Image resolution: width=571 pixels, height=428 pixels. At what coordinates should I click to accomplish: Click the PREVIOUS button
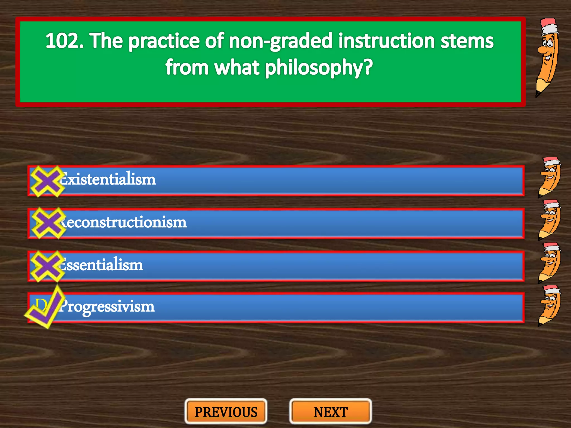click(x=226, y=412)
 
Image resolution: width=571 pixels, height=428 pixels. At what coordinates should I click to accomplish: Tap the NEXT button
click(x=331, y=412)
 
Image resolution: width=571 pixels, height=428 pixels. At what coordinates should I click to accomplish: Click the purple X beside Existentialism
click(x=47, y=181)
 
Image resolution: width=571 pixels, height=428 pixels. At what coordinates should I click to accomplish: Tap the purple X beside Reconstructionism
click(x=48, y=223)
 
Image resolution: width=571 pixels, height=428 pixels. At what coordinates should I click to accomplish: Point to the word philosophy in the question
click(x=318, y=68)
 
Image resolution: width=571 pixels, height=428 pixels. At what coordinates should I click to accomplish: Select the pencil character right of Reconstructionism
click(x=549, y=220)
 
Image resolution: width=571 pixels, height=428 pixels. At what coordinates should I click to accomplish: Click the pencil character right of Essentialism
click(x=549, y=263)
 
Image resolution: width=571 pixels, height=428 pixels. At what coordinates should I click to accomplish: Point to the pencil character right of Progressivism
click(x=549, y=305)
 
